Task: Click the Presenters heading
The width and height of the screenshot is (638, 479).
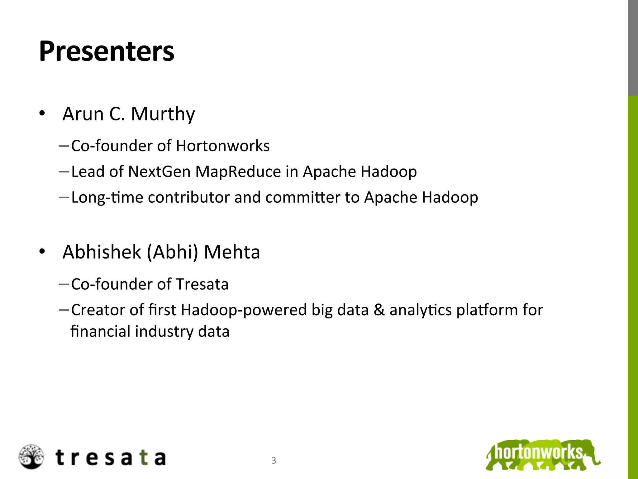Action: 107,51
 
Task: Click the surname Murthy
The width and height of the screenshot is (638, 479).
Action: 163,114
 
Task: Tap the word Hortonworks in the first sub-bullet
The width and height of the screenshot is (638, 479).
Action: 222,146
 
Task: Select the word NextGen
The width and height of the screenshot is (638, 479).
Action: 159,172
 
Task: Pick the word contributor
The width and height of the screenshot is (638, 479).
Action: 188,197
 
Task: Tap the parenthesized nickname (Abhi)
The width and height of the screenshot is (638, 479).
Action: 172,252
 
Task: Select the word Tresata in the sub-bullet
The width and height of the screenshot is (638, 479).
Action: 202,284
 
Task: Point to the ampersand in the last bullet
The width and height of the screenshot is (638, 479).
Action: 379,310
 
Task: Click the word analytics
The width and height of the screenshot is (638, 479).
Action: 420,310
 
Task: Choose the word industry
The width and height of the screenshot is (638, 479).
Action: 164,331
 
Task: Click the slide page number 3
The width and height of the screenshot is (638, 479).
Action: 274,460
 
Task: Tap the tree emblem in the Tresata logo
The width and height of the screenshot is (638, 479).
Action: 31,457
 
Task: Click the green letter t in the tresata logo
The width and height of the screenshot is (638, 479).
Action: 144,458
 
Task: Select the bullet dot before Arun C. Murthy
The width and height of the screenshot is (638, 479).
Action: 42,114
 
